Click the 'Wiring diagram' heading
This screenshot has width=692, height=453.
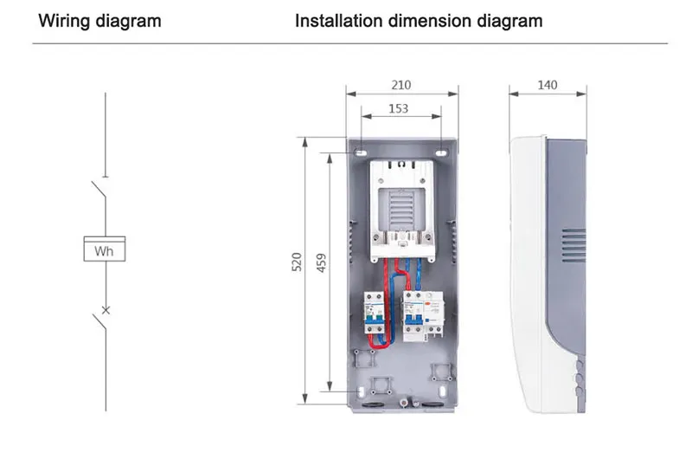pyautogui.click(x=99, y=20)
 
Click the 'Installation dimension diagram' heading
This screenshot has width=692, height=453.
pyautogui.click(x=419, y=20)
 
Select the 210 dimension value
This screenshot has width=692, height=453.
pyautogui.click(x=401, y=85)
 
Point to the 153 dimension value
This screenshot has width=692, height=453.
pyautogui.click(x=398, y=109)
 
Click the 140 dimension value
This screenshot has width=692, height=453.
pyautogui.click(x=547, y=85)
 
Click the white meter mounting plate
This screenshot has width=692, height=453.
pyautogui.click(x=402, y=208)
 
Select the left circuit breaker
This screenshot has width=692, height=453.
pyautogui.click(x=374, y=318)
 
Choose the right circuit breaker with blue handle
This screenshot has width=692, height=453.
pyautogui.click(x=417, y=318)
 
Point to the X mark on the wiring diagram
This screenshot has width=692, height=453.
pyautogui.click(x=105, y=309)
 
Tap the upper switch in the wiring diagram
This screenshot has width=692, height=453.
pyautogui.click(x=100, y=190)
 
